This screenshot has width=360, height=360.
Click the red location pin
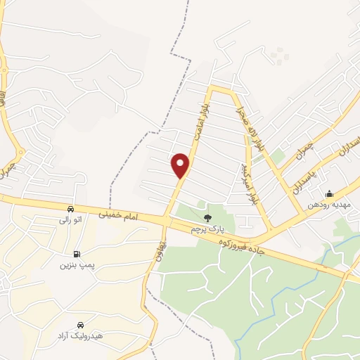click(x=181, y=165)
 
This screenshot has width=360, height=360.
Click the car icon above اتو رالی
click(x=70, y=209)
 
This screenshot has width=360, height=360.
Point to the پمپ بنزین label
click(x=75, y=266)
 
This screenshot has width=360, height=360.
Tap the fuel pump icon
click(x=76, y=254)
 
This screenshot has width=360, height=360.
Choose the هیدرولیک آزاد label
click(x=80, y=336)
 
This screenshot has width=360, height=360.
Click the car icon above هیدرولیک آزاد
click(x=81, y=324)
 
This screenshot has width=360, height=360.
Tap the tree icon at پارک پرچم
click(x=207, y=217)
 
